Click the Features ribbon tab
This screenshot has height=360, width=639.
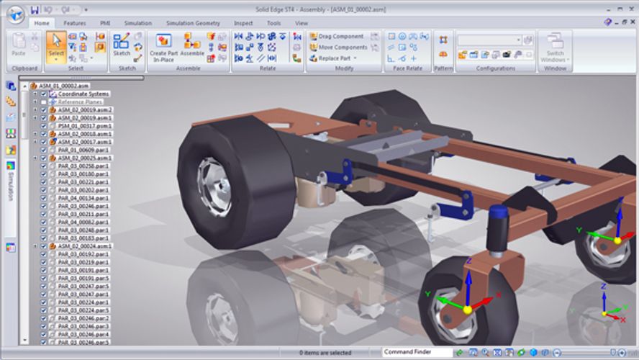[x=74, y=23]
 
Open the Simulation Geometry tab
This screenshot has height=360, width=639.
[x=193, y=23]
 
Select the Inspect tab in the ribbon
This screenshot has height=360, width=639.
[x=243, y=23]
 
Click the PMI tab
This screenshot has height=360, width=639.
[x=106, y=23]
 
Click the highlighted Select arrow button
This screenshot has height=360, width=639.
[x=55, y=46]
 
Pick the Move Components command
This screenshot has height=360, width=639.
[x=341, y=47]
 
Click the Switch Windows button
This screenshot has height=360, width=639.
[x=554, y=47]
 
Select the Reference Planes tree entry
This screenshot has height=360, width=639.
[x=81, y=102]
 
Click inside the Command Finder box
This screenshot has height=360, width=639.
[x=417, y=351]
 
